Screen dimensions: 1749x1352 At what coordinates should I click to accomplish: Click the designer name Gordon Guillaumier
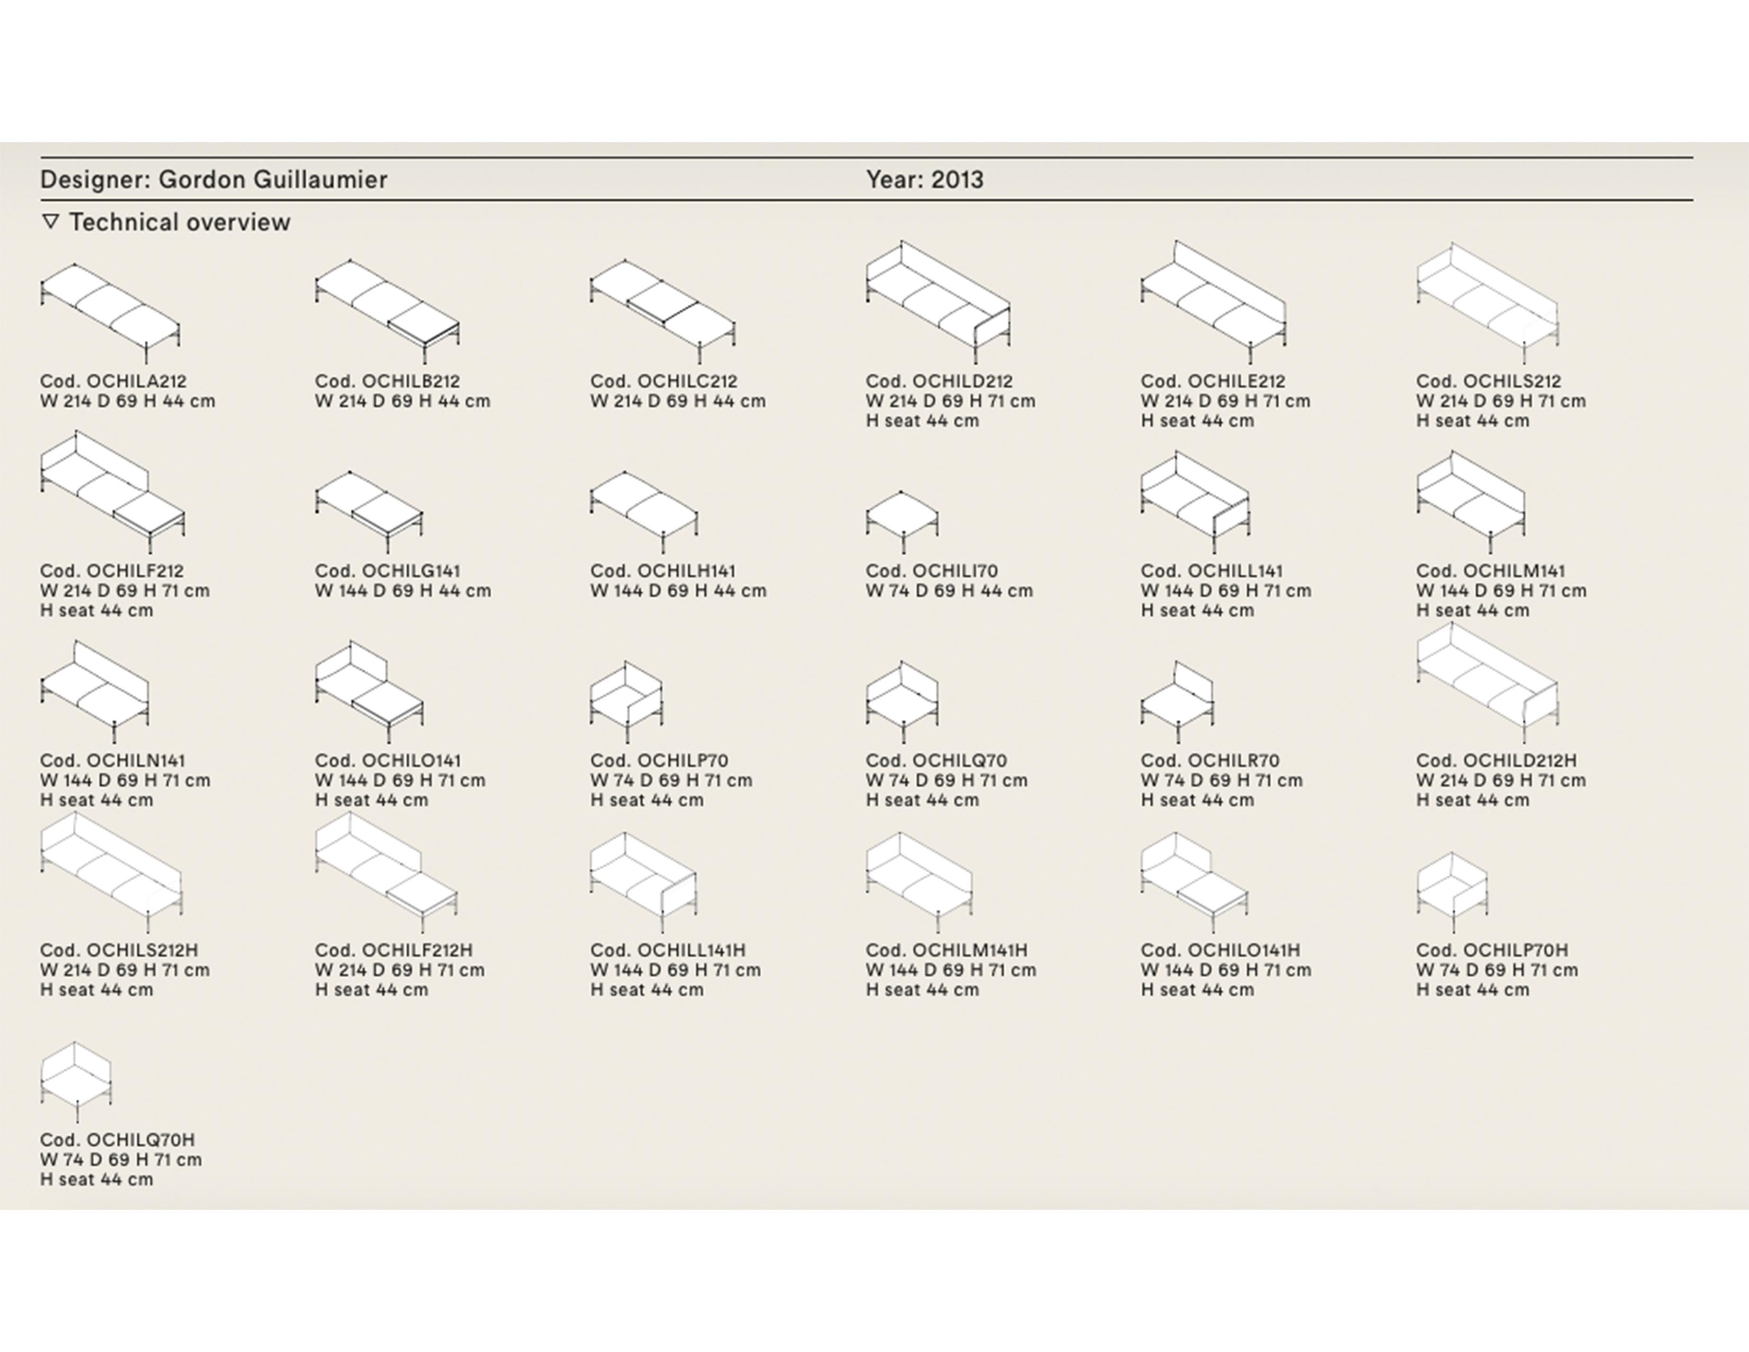coord(272,179)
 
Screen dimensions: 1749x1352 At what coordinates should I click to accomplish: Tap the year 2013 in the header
coord(957,179)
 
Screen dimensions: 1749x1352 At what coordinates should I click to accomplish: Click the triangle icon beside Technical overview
coord(50,222)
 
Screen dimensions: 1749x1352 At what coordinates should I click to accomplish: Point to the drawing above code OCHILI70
coord(902,521)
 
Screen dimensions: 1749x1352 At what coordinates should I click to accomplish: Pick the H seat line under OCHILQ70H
coord(96,1180)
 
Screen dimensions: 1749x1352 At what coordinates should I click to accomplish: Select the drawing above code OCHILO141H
coord(1195,883)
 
